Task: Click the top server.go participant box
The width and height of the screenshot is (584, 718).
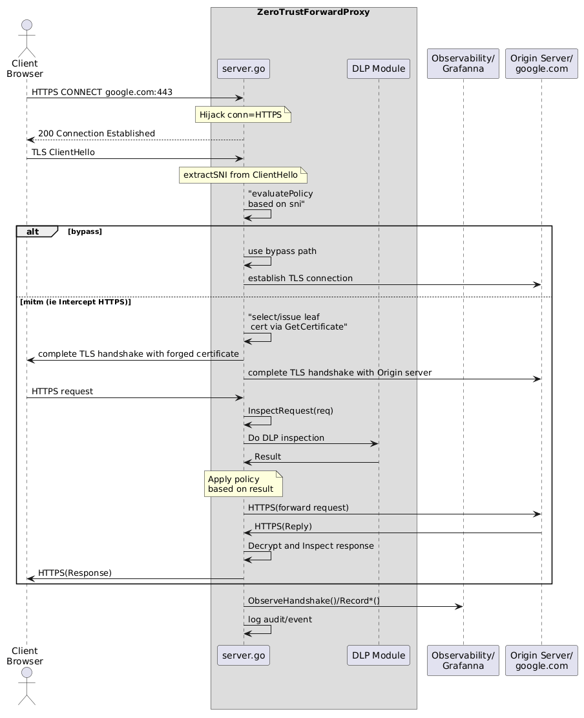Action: (x=244, y=69)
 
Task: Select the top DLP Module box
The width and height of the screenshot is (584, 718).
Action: (x=379, y=69)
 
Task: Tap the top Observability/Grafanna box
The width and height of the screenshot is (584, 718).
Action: (x=463, y=63)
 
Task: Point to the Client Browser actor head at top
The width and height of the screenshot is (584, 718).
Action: (x=26, y=25)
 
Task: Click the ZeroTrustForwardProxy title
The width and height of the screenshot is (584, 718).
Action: (x=313, y=12)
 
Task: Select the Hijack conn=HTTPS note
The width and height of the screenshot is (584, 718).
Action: (x=243, y=114)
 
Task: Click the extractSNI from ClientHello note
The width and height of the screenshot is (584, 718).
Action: (x=243, y=175)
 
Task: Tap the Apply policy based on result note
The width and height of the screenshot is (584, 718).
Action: (x=244, y=484)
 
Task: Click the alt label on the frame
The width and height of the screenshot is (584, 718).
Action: (x=33, y=232)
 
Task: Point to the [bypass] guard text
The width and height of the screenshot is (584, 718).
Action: (x=85, y=232)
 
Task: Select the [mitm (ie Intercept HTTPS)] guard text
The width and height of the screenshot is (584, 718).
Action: (x=76, y=302)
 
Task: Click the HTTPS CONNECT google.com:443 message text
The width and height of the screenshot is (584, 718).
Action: (x=102, y=92)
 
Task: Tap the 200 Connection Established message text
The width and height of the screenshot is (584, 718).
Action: (x=96, y=134)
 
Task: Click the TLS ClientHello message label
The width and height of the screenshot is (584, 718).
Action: (x=63, y=153)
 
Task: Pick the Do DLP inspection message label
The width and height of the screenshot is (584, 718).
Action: (x=286, y=438)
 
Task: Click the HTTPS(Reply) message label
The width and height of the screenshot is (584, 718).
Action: (x=284, y=527)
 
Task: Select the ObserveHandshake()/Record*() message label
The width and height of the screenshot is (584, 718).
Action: (x=314, y=601)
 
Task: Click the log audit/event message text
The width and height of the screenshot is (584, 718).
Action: (x=280, y=620)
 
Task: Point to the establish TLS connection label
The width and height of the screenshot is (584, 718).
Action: (x=300, y=279)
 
